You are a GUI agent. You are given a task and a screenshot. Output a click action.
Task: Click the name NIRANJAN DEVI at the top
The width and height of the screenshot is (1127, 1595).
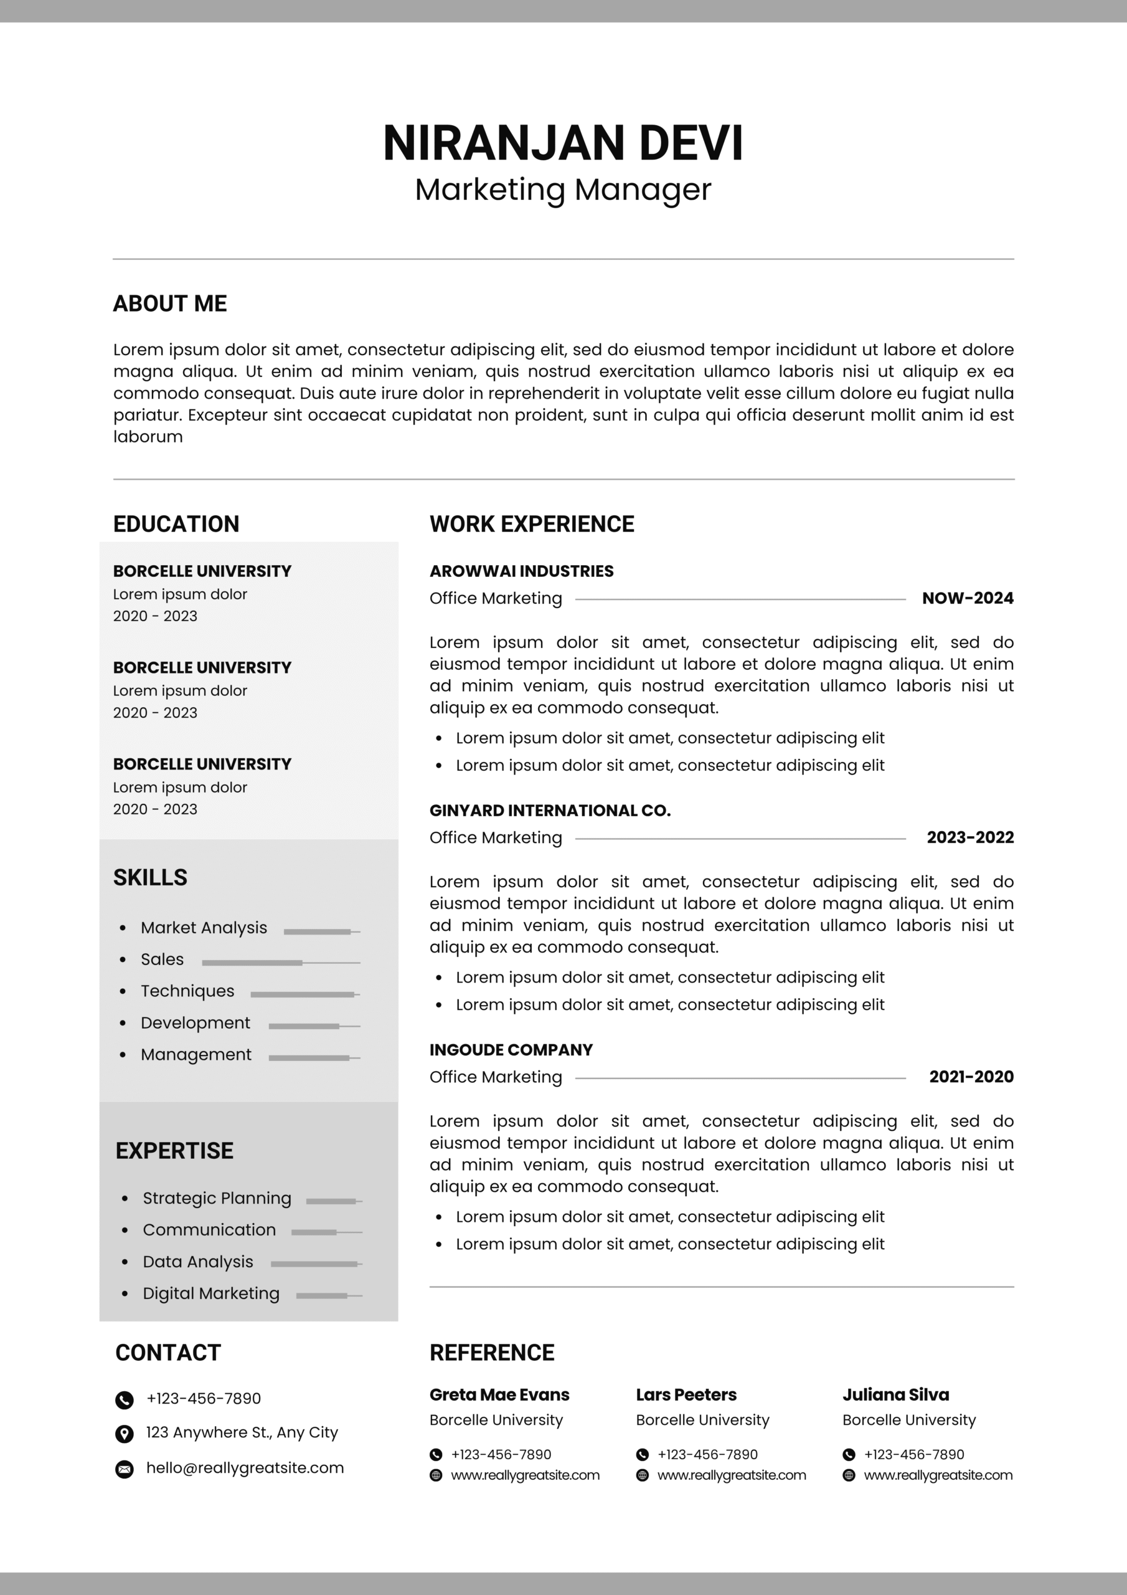[563, 143]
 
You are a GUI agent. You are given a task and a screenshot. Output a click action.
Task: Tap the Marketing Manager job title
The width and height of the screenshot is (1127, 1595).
[563, 189]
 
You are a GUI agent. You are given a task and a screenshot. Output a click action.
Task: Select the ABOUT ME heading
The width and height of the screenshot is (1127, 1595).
[170, 303]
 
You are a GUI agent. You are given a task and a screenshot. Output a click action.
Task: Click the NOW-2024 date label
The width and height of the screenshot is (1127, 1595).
[967, 598]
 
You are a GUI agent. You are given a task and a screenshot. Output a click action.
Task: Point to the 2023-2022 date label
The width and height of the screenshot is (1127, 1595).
[970, 837]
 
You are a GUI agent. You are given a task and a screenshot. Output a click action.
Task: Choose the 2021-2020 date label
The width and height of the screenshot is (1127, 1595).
[971, 1077]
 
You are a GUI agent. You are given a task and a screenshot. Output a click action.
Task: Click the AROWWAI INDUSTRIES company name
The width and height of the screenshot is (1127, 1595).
[522, 571]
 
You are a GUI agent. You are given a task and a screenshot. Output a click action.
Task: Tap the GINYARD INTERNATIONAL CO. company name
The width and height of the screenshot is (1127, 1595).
[550, 810]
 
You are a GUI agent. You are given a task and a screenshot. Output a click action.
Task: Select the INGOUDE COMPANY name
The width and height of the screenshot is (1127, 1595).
[511, 1050]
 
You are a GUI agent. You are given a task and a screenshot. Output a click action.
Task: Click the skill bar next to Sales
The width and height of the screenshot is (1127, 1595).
[281, 963]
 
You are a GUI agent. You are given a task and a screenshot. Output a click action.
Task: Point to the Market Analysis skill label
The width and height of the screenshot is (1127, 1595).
[204, 928]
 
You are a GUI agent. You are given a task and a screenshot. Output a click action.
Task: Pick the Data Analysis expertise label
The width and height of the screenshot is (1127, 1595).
[198, 1262]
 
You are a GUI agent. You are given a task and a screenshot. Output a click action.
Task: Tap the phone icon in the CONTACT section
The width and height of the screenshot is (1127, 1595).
[125, 1400]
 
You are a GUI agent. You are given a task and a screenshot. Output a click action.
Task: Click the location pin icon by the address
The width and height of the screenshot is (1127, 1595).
[125, 1433]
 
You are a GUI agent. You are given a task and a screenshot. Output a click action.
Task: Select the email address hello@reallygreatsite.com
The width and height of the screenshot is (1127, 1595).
[245, 1468]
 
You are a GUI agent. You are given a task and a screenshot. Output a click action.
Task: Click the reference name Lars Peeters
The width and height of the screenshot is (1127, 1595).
[686, 1395]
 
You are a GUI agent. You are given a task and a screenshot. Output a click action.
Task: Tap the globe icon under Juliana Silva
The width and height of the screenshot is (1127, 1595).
[849, 1475]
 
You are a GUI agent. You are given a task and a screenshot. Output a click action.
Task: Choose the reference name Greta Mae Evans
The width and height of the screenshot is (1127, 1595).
[499, 1395]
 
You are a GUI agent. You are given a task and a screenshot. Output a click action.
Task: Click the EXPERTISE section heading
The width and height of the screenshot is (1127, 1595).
[174, 1150]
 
